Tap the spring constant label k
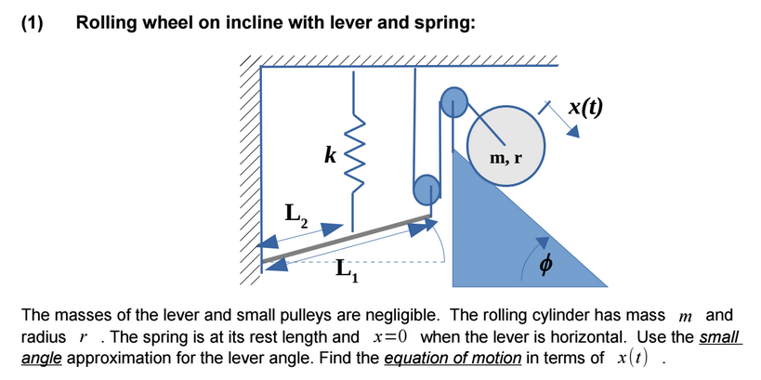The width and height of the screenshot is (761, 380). pos(329,153)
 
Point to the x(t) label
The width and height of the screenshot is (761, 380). pos(584,106)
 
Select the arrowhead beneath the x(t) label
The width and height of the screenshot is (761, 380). pos(574,132)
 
